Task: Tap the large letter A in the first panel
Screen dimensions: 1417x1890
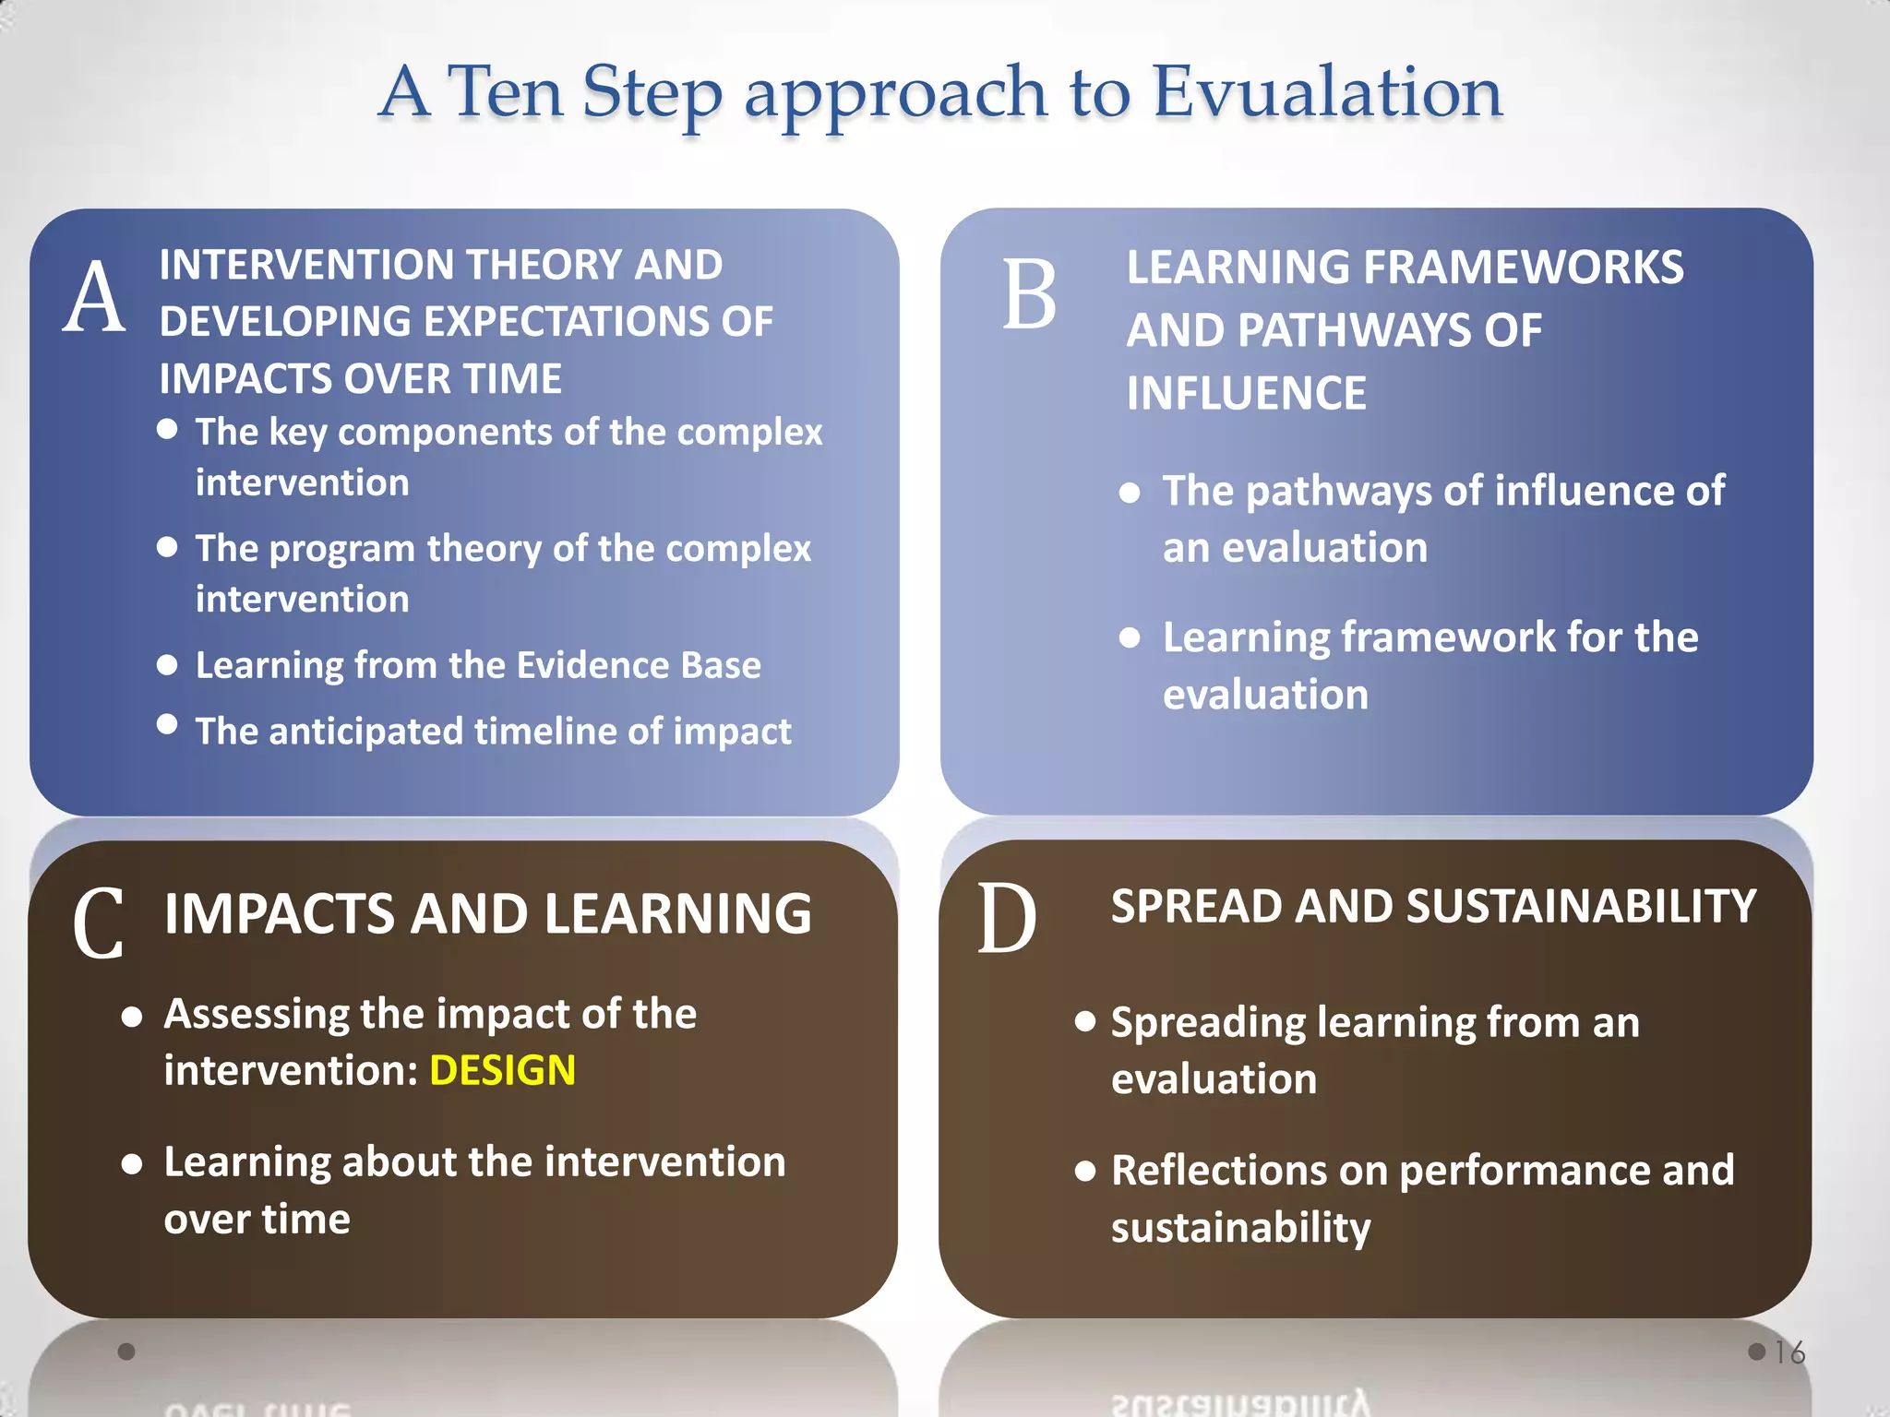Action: [x=94, y=297]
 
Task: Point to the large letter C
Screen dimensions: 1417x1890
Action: [x=98, y=923]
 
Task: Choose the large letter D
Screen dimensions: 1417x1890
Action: [x=1007, y=919]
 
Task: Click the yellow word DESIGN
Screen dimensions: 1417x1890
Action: [x=502, y=1071]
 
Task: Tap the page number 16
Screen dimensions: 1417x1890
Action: [x=1789, y=1352]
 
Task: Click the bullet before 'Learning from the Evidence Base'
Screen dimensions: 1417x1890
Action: [x=167, y=665]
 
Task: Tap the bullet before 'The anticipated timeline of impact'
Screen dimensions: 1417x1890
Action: [x=167, y=724]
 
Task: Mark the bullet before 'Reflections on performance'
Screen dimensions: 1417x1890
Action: [x=1085, y=1172]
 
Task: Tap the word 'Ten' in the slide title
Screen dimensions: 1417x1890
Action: [x=506, y=92]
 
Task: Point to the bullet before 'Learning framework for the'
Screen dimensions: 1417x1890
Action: [x=1130, y=637]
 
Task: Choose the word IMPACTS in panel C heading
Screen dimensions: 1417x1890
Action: [x=281, y=914]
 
